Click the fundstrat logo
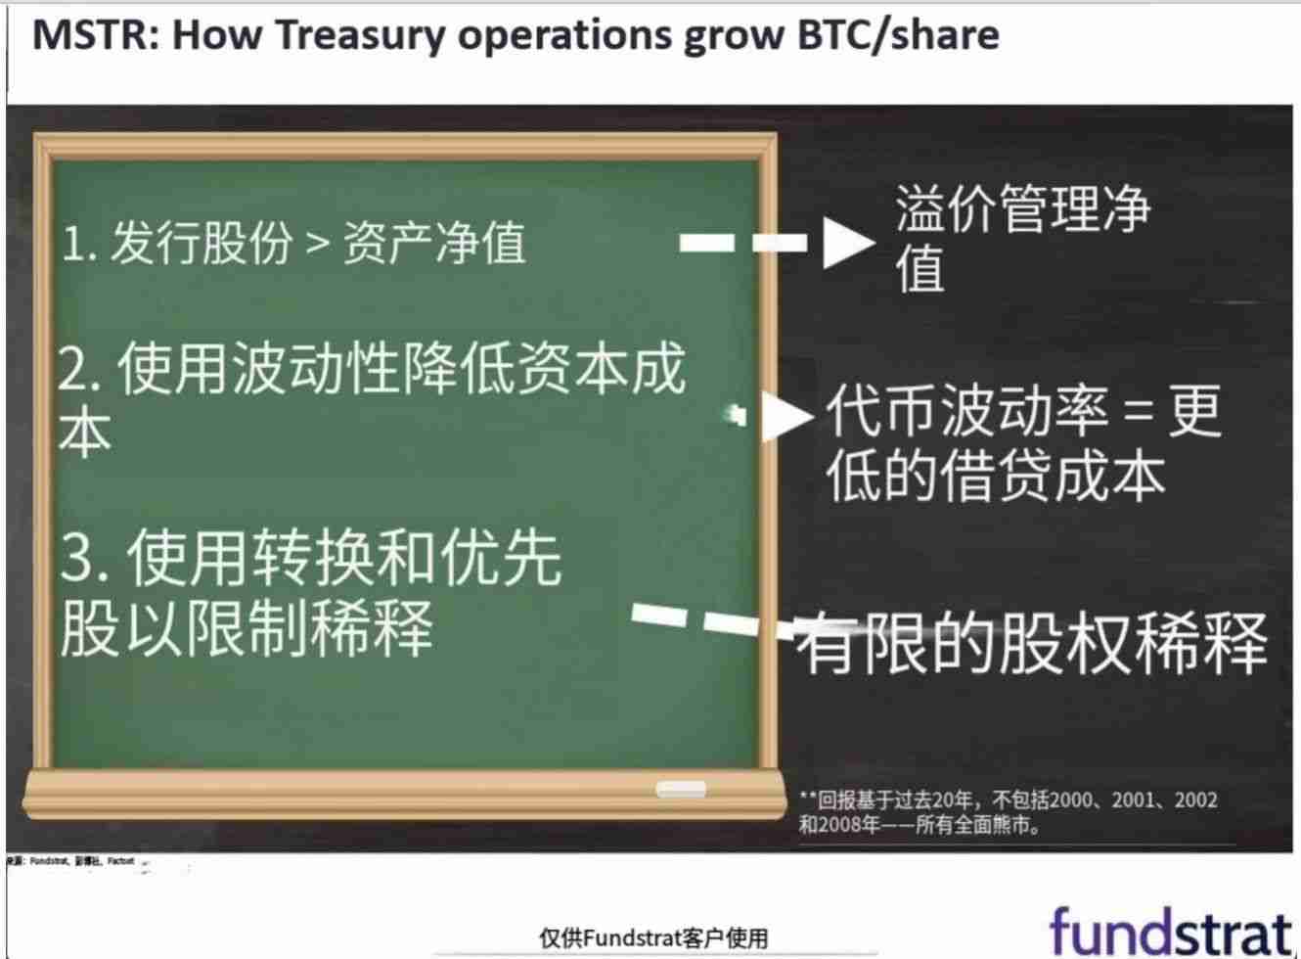[1170, 931]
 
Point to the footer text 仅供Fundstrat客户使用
[653, 937]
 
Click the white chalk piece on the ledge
[680, 789]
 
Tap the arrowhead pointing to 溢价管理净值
[847, 243]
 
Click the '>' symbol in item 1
[317, 243]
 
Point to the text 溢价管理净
[1023, 208]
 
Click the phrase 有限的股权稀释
[1032, 643]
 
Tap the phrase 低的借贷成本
[996, 477]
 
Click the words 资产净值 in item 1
[434, 243]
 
